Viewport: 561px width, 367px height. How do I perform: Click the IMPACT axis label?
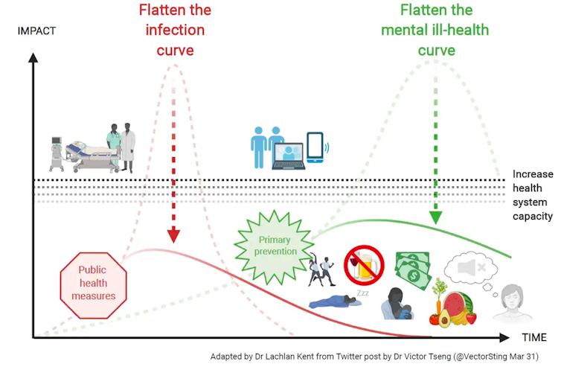pyautogui.click(x=36, y=32)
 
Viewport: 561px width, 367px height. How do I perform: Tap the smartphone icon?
pyautogui.click(x=316, y=147)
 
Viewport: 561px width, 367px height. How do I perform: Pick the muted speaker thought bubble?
pyautogui.click(x=472, y=266)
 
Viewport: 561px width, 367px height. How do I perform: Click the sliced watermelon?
pyautogui.click(x=454, y=306)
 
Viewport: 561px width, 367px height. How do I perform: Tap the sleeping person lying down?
pyautogui.click(x=334, y=302)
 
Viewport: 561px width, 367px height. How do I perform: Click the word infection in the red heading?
pyautogui.click(x=175, y=30)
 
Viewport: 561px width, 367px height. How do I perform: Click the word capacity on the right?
pyautogui.click(x=533, y=217)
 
